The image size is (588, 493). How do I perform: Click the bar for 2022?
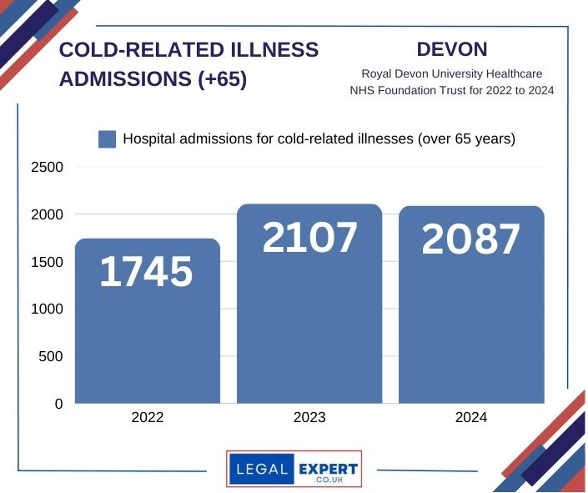pyautogui.click(x=148, y=334)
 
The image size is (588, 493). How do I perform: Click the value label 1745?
pyautogui.click(x=147, y=273)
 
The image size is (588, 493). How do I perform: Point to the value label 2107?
pyautogui.click(x=309, y=238)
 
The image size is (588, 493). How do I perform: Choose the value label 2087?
pyautogui.click(x=471, y=239)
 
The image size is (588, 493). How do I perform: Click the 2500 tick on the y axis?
pyautogui.click(x=47, y=167)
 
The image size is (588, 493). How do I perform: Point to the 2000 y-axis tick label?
pyautogui.click(x=47, y=214)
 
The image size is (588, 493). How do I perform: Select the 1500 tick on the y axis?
pyautogui.click(x=47, y=262)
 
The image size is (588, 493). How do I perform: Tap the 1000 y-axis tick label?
pyautogui.click(x=47, y=309)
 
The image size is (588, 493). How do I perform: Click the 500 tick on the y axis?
pyautogui.click(x=52, y=357)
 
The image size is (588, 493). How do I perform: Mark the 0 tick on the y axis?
pyautogui.click(x=58, y=404)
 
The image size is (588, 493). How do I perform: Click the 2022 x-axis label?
pyautogui.click(x=148, y=418)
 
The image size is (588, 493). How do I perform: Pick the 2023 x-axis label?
pyautogui.click(x=309, y=418)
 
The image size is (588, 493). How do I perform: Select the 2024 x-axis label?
pyautogui.click(x=471, y=418)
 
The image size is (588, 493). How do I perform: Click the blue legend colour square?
pyautogui.click(x=107, y=139)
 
